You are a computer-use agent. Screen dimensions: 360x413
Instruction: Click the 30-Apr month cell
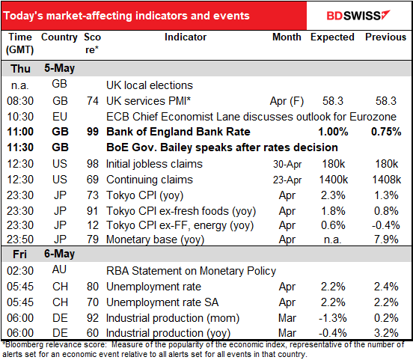tap(286, 164)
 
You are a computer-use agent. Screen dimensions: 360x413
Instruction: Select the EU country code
tap(59, 117)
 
